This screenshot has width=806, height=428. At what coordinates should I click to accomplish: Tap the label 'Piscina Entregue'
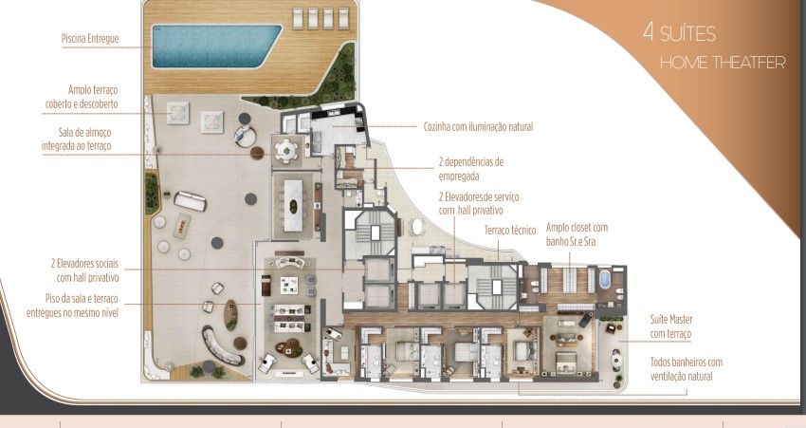click(90, 39)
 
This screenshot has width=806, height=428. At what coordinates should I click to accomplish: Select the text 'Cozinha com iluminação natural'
click(478, 126)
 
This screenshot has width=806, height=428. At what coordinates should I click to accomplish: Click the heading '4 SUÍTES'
click(679, 32)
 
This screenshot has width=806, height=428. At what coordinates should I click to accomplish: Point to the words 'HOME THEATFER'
click(723, 63)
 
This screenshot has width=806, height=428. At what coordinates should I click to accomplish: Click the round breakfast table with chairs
click(285, 151)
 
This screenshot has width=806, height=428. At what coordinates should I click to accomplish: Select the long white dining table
click(294, 205)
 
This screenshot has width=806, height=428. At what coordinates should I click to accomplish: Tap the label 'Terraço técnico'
click(510, 231)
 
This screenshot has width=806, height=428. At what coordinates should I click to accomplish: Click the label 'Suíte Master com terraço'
click(670, 326)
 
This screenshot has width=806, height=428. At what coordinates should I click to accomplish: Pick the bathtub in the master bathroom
click(605, 279)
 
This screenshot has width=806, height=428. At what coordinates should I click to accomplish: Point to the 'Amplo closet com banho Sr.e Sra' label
click(577, 234)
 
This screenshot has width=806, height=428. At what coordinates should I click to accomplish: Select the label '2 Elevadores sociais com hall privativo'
click(84, 270)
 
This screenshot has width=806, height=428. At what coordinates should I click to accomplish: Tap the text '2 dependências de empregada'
click(471, 169)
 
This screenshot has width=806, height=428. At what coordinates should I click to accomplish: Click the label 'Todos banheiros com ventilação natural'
click(687, 369)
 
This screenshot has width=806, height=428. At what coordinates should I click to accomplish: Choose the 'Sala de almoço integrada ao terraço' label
click(77, 140)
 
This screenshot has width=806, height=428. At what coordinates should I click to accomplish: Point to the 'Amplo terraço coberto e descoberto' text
click(82, 97)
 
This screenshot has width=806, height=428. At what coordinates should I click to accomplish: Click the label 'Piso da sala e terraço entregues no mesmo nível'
click(72, 306)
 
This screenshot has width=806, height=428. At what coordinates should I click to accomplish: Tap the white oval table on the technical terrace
click(417, 227)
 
